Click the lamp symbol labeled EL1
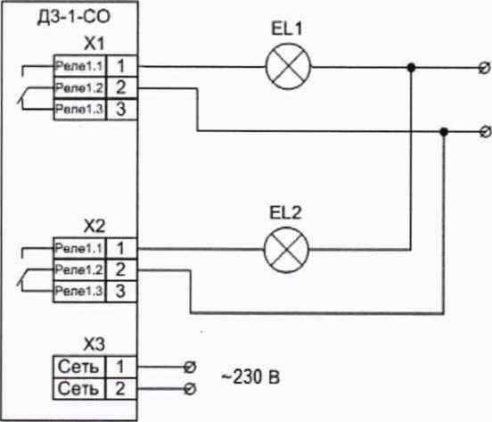[x=288, y=67]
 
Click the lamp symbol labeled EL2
[x=286, y=250]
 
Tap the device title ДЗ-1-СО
[x=74, y=17]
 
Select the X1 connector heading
[x=94, y=44]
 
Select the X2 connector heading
[x=94, y=226]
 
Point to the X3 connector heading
[x=94, y=344]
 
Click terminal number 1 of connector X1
[x=122, y=66]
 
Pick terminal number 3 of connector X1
[x=122, y=109]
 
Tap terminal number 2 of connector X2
[x=121, y=269]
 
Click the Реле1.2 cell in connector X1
[x=79, y=87]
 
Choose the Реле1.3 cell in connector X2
[x=79, y=291]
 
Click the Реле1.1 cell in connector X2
[x=79, y=248]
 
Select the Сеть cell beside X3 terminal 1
[x=78, y=367]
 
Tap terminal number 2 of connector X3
[x=121, y=388]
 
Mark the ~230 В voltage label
[x=250, y=377]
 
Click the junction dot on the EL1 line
[x=411, y=67]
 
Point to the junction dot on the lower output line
[x=444, y=132]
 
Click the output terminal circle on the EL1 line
[x=485, y=68]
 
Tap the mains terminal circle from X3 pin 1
[x=190, y=367]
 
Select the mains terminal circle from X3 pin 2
[x=190, y=389]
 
